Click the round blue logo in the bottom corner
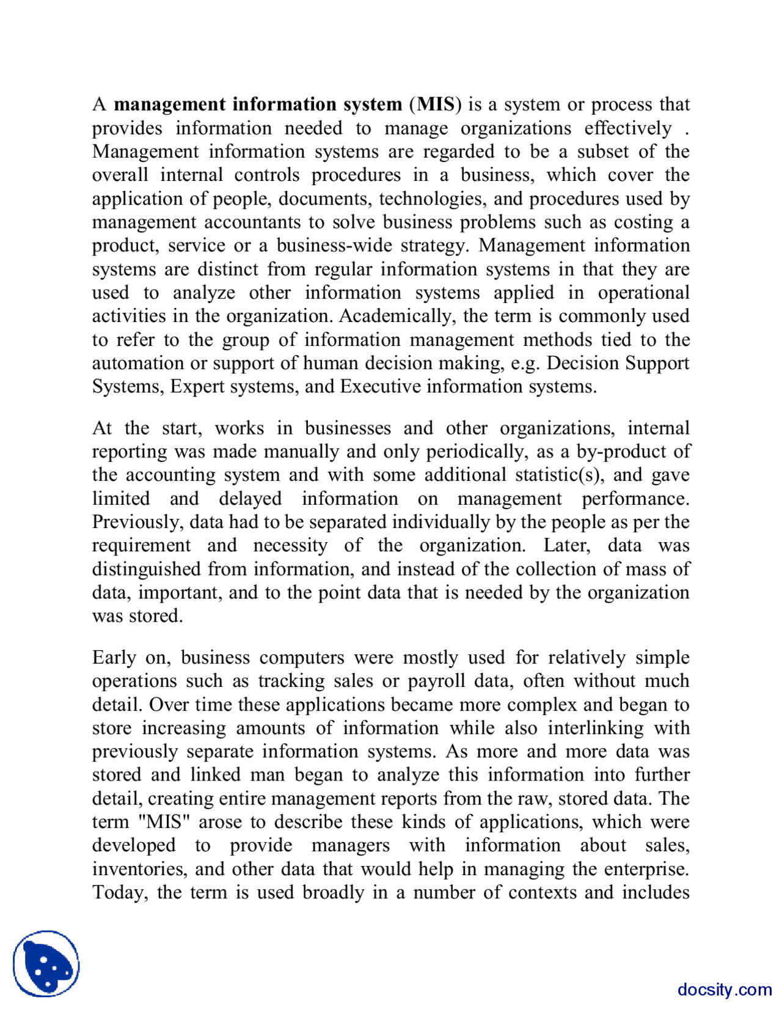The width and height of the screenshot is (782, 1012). (x=46, y=964)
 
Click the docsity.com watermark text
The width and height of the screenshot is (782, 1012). (x=724, y=989)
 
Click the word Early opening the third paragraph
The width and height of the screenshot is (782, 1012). (x=114, y=658)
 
